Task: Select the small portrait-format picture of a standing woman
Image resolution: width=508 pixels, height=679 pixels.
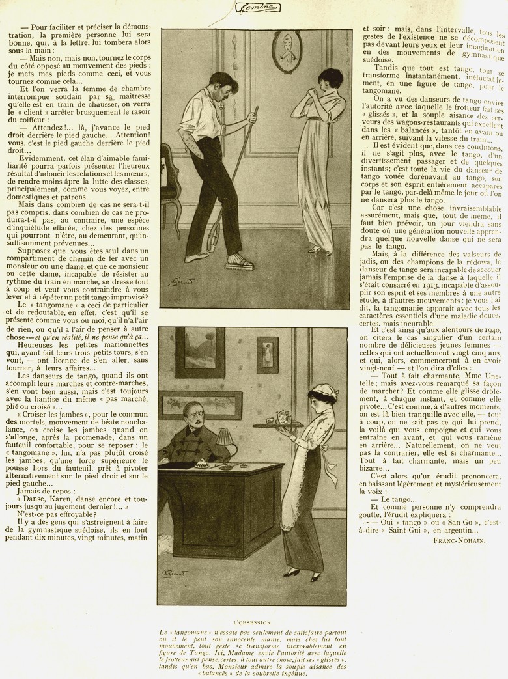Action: tap(267, 355)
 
